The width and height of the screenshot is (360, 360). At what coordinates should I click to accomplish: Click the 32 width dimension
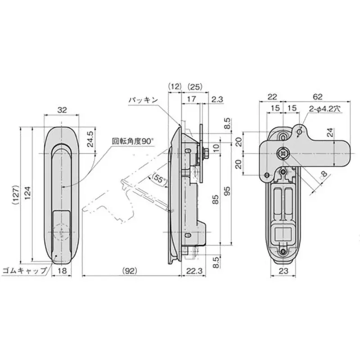[62, 109]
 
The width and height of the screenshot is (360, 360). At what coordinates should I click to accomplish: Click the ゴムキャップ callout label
[25, 270]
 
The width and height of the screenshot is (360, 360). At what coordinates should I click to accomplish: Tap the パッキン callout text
[143, 100]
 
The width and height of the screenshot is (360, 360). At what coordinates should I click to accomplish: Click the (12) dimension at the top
[174, 85]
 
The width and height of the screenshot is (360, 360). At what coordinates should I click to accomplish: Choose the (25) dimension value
[195, 85]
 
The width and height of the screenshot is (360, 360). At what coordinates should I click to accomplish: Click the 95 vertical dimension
[228, 189]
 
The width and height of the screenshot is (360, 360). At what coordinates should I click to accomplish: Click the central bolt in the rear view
[283, 153]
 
